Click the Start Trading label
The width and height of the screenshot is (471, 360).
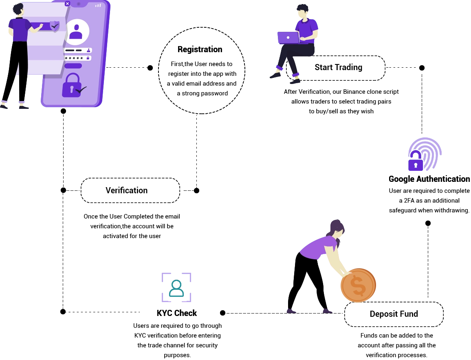tap(338, 68)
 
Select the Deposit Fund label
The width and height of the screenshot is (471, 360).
tap(394, 314)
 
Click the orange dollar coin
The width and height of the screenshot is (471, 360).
tap(358, 285)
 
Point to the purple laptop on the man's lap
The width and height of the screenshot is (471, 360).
tap(288, 38)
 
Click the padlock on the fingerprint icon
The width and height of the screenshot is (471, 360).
tap(416, 162)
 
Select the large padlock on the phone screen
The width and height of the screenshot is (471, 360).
tap(72, 86)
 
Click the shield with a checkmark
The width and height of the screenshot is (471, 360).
tap(55, 26)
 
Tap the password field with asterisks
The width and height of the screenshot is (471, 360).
tap(77, 58)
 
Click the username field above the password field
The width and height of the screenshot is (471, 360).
tap(77, 51)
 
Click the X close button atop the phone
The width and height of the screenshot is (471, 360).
tap(68, 4)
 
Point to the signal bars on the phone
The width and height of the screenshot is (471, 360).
tap(98, 5)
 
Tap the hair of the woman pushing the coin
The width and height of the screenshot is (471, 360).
tap(337, 227)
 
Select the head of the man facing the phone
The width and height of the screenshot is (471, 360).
tap(18, 10)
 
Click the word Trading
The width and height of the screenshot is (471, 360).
tap(348, 68)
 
